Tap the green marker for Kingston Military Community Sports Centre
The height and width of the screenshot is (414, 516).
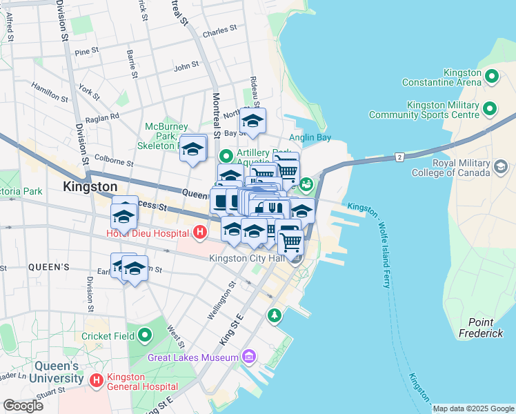pos(489,109)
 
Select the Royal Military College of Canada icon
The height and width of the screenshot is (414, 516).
pos(500,166)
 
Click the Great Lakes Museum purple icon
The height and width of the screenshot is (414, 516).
pos(248,357)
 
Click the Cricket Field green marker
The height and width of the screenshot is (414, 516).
pos(144,336)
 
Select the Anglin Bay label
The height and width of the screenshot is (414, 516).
pos(310,138)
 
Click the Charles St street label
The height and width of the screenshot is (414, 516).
pos(220,31)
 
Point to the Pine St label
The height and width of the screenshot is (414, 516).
pos(87,52)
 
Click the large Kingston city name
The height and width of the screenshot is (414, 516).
pos(90,186)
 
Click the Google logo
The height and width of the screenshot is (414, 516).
pos(23,406)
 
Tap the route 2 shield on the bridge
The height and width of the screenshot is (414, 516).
pos(399,158)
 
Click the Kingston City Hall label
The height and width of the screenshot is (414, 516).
pos(247,258)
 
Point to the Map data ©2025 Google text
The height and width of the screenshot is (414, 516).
pos(473,408)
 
